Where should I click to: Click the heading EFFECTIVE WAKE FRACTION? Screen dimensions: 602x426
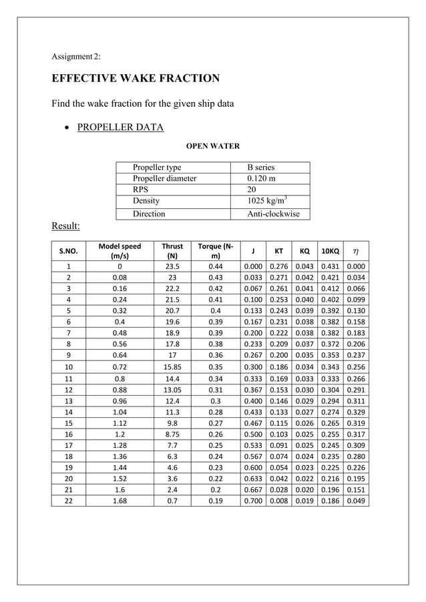[x=136, y=79]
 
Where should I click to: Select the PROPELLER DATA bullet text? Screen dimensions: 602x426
[x=120, y=127]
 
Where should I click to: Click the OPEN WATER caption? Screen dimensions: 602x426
[x=212, y=146]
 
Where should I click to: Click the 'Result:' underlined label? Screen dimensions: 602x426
[x=66, y=226]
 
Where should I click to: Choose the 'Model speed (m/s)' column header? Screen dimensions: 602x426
[x=120, y=251]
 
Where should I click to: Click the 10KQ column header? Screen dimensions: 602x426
[x=329, y=252]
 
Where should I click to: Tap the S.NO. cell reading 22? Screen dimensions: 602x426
[x=68, y=501]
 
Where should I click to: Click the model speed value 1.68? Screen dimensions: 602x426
[x=120, y=501]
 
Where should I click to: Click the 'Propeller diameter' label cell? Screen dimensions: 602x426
[x=164, y=179]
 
